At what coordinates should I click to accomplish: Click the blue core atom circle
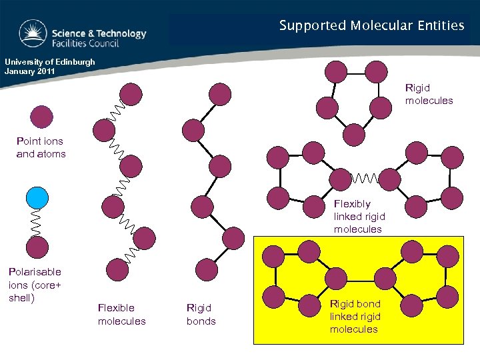37,198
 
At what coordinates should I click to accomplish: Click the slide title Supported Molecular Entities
371,26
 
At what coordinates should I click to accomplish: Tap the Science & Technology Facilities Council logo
83,33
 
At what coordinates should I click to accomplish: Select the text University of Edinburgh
50,62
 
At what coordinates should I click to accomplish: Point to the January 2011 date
29,71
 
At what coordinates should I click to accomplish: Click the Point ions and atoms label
41,147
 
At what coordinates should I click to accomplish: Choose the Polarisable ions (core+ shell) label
34,284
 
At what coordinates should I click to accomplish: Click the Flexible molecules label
121,314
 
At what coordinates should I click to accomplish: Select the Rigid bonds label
201,314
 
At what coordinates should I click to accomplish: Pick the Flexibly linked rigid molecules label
359,216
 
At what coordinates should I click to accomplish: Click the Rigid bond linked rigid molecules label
355,316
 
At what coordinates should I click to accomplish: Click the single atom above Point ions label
41,117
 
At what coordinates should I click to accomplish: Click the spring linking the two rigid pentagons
365,179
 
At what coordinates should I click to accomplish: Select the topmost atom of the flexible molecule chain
131,95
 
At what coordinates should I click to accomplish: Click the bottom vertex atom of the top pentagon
353,135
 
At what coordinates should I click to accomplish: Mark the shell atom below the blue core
37,247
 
